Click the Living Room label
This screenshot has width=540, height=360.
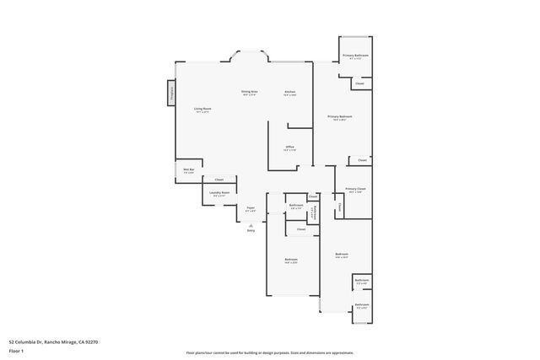click(x=202, y=109)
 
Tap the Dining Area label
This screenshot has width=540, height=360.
click(x=250, y=91)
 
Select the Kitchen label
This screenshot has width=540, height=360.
click(x=289, y=91)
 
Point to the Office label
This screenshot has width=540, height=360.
click(x=289, y=147)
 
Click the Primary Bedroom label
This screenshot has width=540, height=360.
click(x=340, y=116)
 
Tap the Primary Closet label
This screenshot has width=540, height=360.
click(x=354, y=190)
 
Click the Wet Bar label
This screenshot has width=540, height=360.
click(x=189, y=170)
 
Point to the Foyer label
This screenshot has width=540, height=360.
click(x=251, y=208)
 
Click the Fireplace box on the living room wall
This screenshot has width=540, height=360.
click(x=173, y=92)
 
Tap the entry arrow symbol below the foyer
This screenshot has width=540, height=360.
click(x=251, y=224)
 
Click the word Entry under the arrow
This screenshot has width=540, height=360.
click(x=251, y=230)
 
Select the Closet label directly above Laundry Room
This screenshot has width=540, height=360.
click(x=219, y=180)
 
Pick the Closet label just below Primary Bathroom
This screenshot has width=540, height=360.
click(x=359, y=83)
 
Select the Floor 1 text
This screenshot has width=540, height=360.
click(x=16, y=350)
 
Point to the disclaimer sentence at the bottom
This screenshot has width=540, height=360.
click(x=270, y=353)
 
